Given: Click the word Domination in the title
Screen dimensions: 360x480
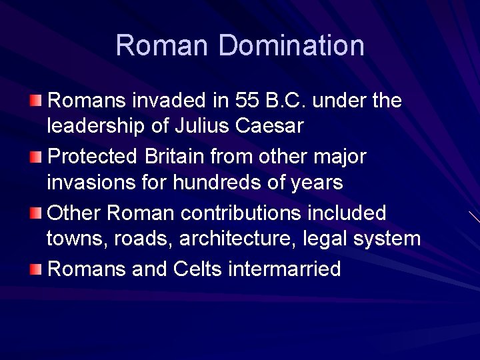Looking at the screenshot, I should coord(291,45).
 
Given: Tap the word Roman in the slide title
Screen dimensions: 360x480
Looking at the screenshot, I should coord(163,45).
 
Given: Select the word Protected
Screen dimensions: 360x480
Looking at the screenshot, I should coord(93,157).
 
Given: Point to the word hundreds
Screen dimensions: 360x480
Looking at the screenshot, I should coord(228,182).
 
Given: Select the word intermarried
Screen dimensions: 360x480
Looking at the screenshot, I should coord(285,269).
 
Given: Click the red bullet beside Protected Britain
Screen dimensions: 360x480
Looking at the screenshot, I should coord(35,157).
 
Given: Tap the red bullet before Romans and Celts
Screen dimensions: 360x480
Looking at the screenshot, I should coord(35,269).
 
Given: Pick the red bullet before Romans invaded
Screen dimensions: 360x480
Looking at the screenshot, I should coord(35,101).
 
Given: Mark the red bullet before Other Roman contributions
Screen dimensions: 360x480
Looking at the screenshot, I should coord(35,214).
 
